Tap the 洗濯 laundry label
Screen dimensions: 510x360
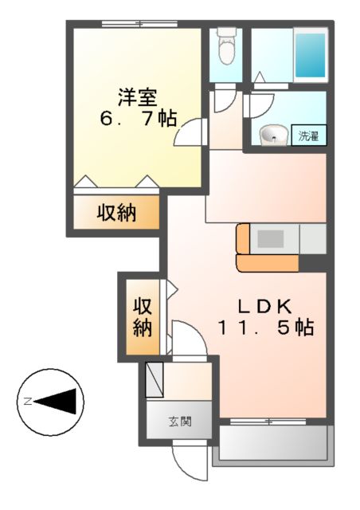308,135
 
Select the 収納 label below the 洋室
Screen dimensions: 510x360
116,213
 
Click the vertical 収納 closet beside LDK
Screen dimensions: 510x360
142,316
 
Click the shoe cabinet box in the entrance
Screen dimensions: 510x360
155,378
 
